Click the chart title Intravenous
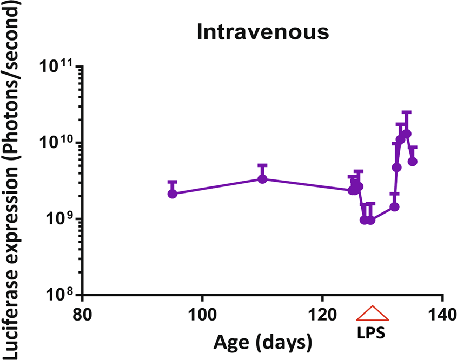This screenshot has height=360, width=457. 263,32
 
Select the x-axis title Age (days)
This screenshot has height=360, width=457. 263,342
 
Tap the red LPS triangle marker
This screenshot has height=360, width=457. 372,314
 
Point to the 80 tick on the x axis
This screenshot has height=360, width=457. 83,314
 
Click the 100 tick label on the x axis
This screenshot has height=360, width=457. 202,314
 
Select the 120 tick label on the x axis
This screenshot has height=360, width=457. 322,314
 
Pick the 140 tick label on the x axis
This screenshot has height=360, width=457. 442,314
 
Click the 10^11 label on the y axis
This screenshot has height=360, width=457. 58,67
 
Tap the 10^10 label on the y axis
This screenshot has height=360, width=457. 58,143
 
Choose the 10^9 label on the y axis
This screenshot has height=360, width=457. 60,219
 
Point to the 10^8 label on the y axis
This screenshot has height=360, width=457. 60,296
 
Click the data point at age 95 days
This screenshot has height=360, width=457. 173,194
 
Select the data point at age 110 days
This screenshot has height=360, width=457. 262,179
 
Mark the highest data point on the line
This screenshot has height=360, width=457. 407,134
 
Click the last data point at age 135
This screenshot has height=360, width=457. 413,161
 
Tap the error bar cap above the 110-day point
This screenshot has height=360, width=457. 262,165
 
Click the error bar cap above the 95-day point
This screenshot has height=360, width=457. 173,182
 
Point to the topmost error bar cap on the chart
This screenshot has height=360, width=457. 407,112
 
